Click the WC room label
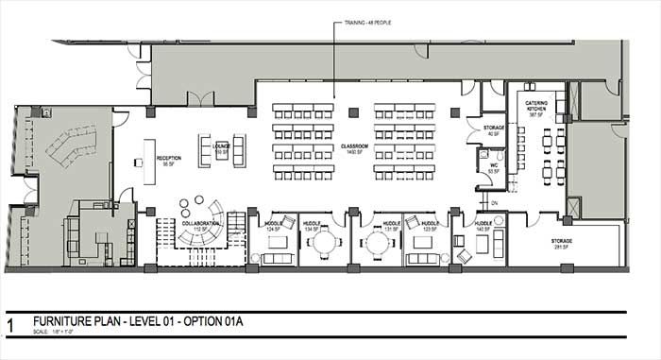(492, 171)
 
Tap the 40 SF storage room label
(493, 129)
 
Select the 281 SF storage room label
(563, 244)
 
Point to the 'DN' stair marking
(493, 202)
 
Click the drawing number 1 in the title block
(10, 324)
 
